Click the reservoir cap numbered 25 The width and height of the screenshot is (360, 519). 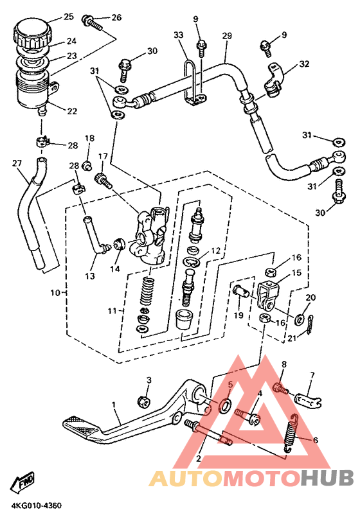(33, 33)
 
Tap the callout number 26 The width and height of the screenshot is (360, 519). (116, 17)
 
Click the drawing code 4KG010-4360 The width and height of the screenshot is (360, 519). (37, 506)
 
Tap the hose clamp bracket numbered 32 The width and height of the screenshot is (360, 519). (274, 80)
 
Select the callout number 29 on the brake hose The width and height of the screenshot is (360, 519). (227, 36)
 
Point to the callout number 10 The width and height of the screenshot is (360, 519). (55, 293)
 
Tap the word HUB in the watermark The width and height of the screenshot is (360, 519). (327, 479)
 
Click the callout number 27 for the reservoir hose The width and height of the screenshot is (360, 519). (17, 163)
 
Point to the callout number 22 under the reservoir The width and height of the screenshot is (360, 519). (72, 111)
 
